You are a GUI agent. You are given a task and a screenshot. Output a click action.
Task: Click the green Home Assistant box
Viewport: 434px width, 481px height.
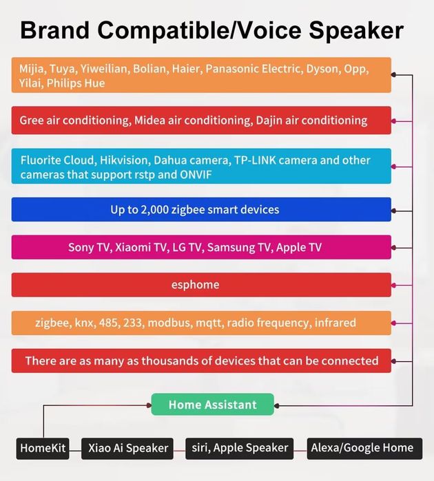tap(213, 405)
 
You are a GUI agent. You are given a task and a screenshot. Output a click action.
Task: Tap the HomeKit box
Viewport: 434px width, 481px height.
tap(43, 448)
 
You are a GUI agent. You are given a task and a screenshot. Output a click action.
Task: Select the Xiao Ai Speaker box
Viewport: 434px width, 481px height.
tap(127, 448)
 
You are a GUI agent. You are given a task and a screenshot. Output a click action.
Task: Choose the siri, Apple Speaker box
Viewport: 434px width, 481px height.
tap(239, 448)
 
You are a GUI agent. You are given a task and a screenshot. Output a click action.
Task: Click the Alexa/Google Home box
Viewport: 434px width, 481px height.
tap(364, 448)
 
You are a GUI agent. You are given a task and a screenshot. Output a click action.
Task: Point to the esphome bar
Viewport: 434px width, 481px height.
tap(201, 285)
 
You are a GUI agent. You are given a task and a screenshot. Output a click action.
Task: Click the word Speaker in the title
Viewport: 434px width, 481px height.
tap(356, 31)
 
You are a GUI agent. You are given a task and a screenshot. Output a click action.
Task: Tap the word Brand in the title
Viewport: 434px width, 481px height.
tap(54, 30)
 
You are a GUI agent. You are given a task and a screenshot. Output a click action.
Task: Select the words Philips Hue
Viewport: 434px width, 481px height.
tap(76, 83)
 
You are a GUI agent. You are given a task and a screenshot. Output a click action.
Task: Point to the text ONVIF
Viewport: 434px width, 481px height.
tap(196, 175)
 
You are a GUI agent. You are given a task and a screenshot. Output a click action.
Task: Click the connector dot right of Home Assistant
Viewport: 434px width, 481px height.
tap(277, 406)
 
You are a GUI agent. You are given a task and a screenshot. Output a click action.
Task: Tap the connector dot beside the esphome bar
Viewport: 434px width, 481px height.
tap(394, 286)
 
